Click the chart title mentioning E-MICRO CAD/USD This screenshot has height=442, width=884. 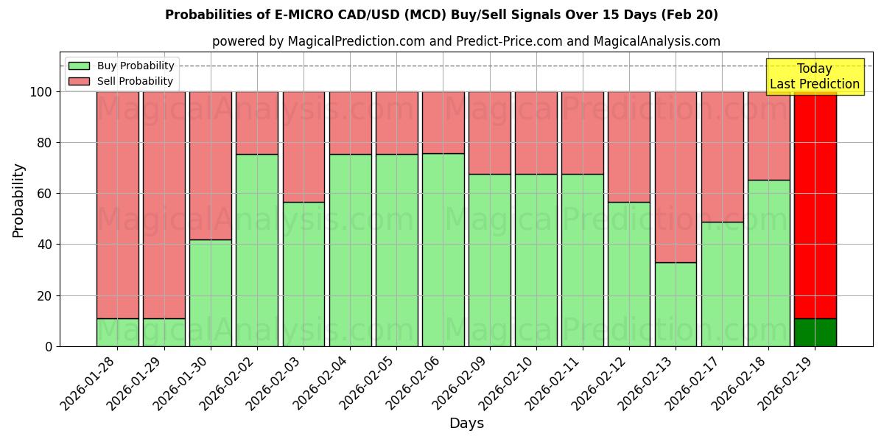pyautogui.click(x=441, y=15)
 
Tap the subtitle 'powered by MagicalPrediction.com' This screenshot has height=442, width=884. pyautogui.click(x=466, y=41)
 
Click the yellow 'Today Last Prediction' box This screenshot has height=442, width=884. pyautogui.click(x=815, y=77)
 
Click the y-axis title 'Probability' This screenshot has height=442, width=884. pyautogui.click(x=18, y=200)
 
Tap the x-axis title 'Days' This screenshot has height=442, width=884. pyautogui.click(x=466, y=424)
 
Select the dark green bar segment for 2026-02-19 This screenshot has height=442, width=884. pyautogui.click(x=815, y=332)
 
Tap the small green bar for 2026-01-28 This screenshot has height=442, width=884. pyautogui.click(x=118, y=332)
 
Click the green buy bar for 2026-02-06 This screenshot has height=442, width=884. pyautogui.click(x=443, y=250)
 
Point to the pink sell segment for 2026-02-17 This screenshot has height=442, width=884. pyautogui.click(x=722, y=157)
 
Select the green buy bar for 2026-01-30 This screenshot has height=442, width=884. pyautogui.click(x=211, y=292)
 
